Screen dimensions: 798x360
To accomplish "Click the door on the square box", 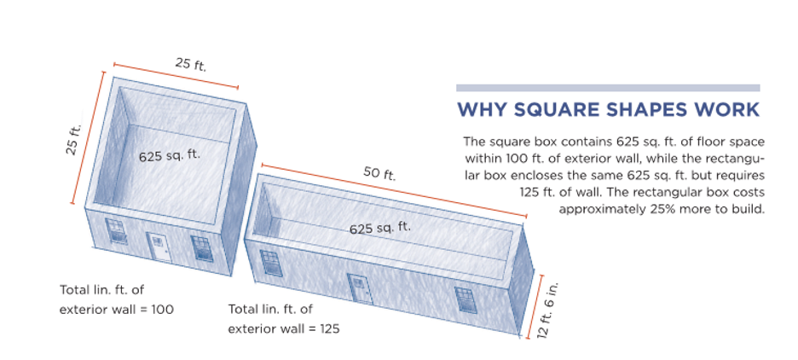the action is [159, 247].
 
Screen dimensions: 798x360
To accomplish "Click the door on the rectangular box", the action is [361, 288].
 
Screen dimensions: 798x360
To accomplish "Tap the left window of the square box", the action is [116, 230].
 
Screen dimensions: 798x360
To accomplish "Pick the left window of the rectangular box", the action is [271, 263].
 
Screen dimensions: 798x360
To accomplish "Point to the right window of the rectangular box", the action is [464, 299].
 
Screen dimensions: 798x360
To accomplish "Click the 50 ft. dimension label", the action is [379, 174].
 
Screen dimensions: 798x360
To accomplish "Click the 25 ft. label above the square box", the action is [191, 65].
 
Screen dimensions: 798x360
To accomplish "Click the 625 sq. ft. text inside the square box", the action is [170, 154].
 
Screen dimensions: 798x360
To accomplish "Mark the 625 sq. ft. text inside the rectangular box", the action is [379, 228].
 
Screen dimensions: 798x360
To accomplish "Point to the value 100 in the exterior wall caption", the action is [164, 309].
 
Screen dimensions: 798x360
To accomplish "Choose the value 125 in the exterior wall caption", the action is [329, 328].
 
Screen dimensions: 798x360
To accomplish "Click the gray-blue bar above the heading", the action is [608, 88].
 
